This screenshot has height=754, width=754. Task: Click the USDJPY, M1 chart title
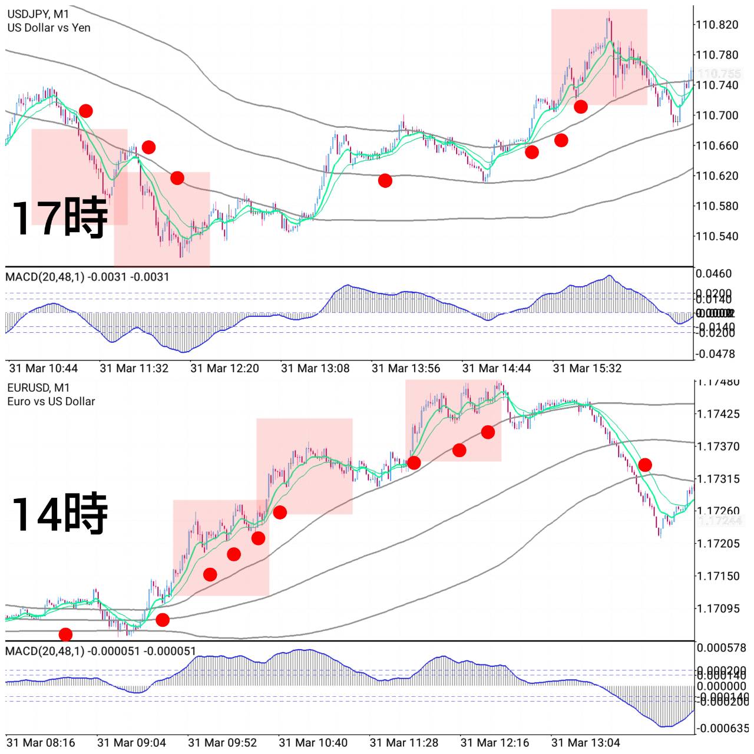38,14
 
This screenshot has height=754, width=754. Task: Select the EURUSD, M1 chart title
38,388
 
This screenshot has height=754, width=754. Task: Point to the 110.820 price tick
717,25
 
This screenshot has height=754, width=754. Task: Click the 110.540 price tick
717,236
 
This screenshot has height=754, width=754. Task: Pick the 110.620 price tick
717,176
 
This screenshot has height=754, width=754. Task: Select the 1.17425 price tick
718,414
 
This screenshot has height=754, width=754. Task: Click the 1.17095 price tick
718,609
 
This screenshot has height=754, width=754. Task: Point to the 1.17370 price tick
718,447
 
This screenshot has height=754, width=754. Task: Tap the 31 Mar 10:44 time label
44,369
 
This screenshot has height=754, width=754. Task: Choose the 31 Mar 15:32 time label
587,369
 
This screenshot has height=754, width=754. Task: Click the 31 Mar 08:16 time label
41,743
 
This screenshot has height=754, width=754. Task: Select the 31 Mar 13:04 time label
586,743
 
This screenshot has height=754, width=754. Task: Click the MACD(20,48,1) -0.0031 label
87,277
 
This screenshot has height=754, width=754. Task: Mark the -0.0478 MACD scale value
716,354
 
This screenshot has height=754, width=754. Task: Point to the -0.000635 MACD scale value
722,729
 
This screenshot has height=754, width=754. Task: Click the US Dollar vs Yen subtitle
49,28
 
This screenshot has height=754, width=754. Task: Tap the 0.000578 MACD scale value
722,648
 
